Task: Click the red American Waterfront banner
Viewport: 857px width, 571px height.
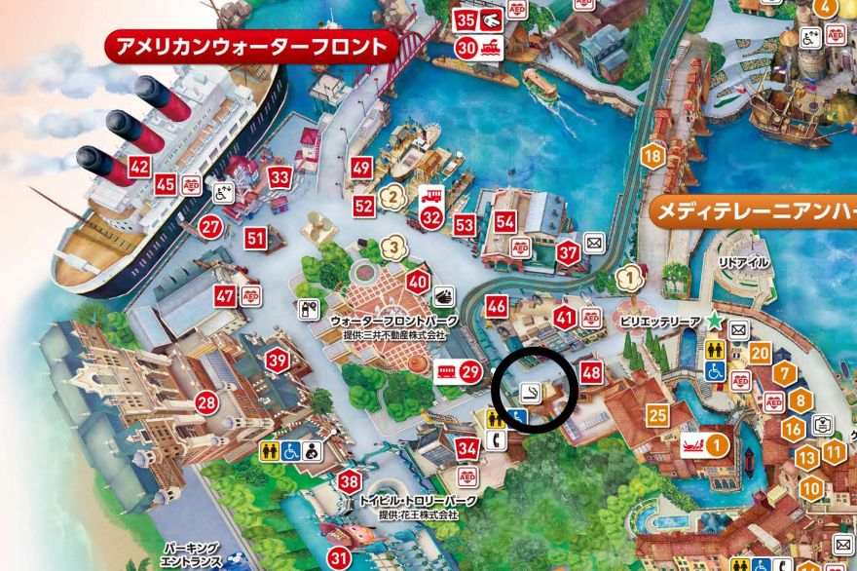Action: [x=249, y=46]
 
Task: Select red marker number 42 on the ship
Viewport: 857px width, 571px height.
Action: [x=139, y=167]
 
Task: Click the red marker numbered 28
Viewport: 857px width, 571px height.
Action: [x=205, y=401]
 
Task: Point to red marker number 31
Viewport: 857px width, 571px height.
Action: [x=339, y=558]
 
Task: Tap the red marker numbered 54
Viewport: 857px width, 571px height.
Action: [x=504, y=221]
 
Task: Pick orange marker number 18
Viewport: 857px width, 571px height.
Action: [x=652, y=155]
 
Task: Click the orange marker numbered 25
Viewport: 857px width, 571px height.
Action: [x=657, y=416]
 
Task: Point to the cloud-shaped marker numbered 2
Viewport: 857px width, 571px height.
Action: [x=391, y=194]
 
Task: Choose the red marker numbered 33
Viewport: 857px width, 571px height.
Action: [x=280, y=177]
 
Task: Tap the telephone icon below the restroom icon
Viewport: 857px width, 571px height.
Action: [x=493, y=438]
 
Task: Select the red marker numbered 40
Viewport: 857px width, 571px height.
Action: [x=418, y=284]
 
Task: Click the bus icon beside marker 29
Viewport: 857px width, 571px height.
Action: [x=447, y=370]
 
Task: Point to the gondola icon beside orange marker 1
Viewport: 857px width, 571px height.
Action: [x=692, y=445]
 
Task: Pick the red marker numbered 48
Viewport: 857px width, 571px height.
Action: [x=591, y=371]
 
